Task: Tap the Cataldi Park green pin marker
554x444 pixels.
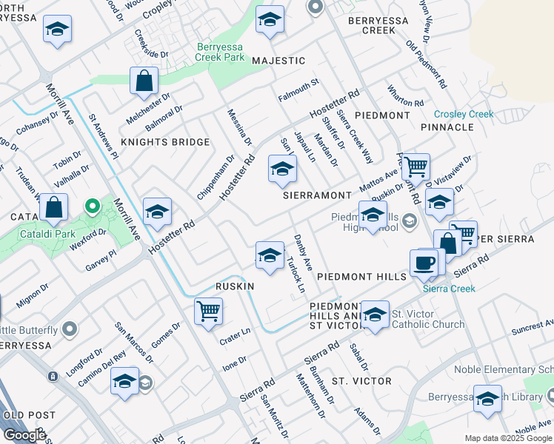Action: point(92,206)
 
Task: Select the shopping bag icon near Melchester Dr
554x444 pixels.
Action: point(144,81)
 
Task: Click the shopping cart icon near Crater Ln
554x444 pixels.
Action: point(209,311)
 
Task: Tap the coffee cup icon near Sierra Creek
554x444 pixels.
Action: point(424,262)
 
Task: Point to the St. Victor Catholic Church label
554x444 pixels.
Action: point(427,319)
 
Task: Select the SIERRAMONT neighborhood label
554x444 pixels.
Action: point(317,195)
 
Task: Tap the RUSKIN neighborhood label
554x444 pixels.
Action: point(235,286)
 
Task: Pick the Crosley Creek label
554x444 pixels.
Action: point(464,114)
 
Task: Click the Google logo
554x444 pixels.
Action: point(24,434)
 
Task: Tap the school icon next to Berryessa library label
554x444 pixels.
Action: point(487,399)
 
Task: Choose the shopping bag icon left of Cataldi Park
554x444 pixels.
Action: point(54,208)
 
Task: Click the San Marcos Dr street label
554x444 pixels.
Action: point(134,342)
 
